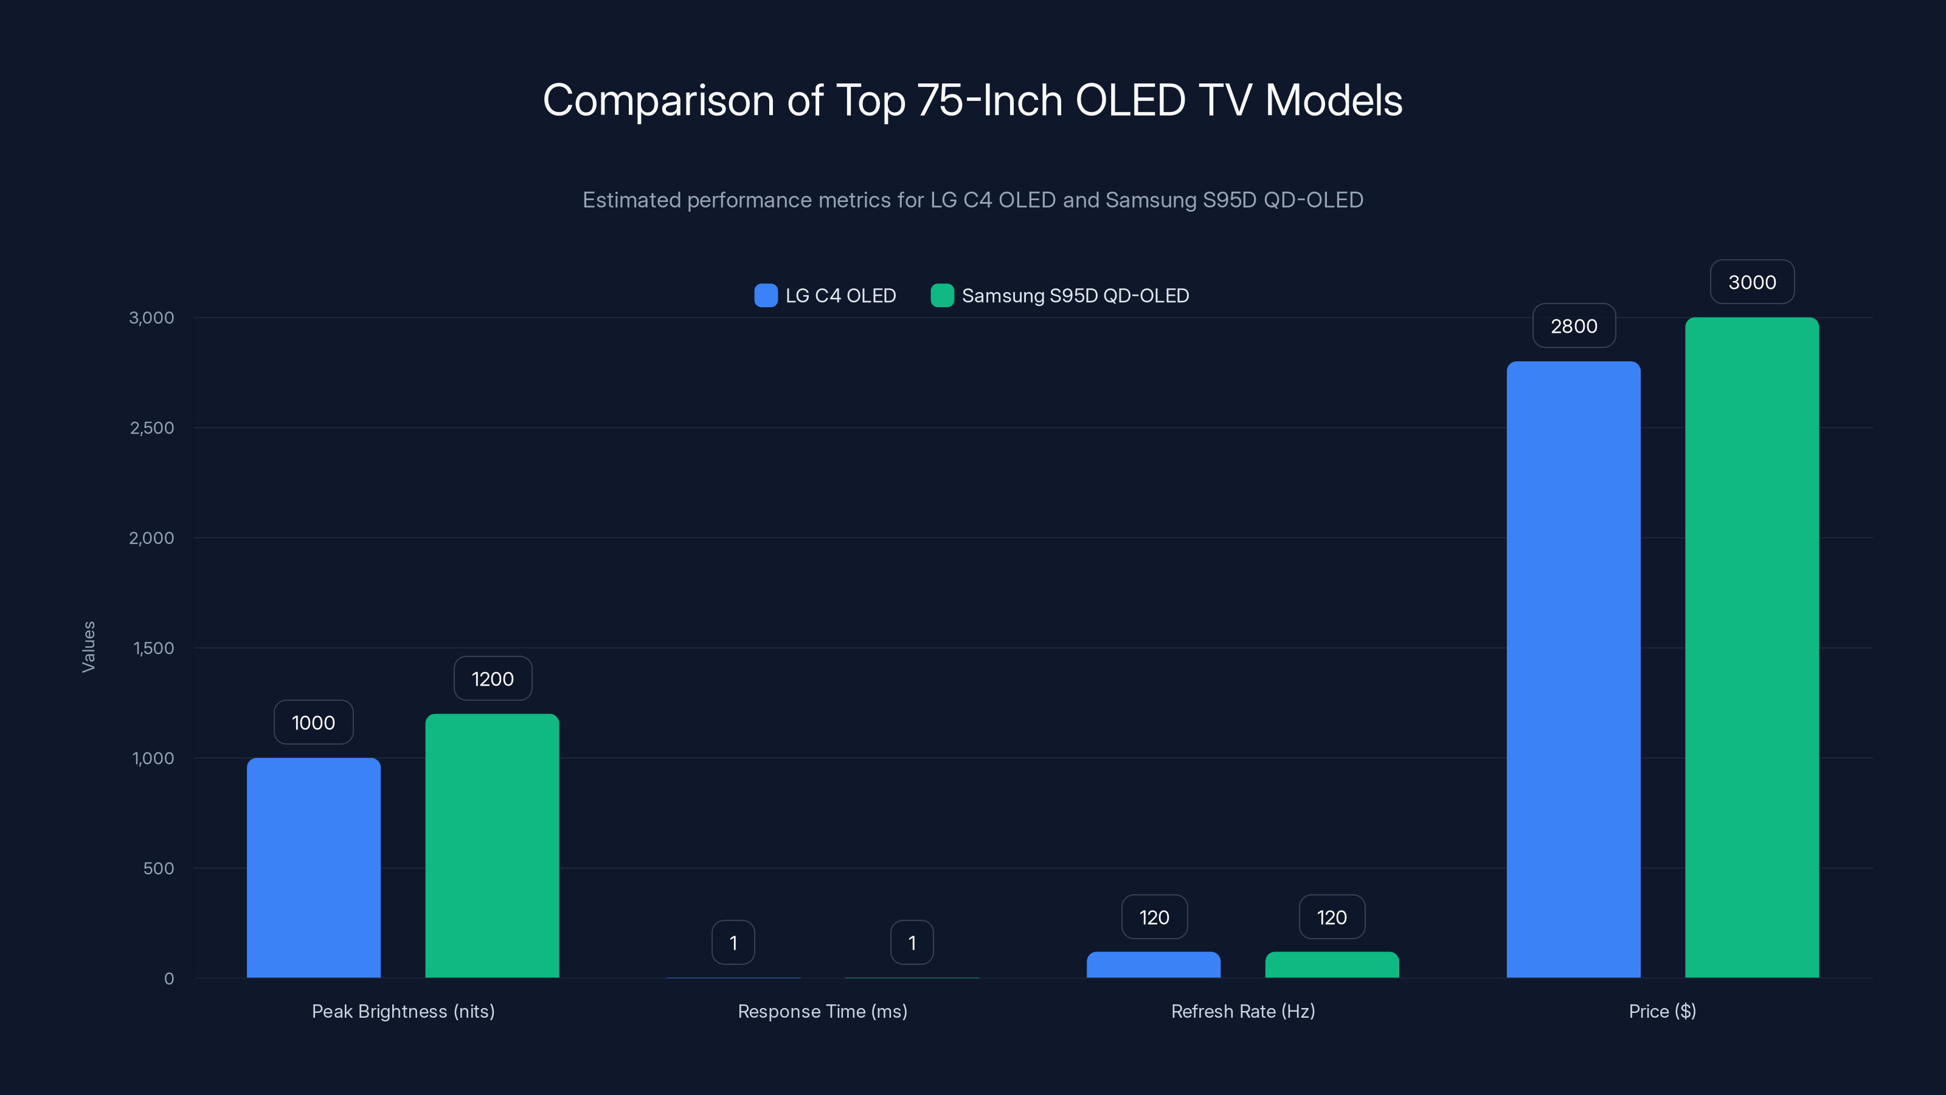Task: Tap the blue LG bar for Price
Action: [1574, 670]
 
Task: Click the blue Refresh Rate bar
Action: [1154, 965]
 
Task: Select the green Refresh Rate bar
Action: [1332, 965]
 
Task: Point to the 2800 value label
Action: [1574, 325]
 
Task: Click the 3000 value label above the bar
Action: [1752, 282]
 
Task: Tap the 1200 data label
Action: [493, 679]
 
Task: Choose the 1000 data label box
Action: [314, 723]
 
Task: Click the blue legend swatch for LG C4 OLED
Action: [765, 296]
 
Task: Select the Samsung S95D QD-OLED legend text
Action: [1075, 296]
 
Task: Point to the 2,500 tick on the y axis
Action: [152, 428]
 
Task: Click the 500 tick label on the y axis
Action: [159, 868]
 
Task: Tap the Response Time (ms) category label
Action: [822, 1011]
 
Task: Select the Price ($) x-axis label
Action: [1662, 1011]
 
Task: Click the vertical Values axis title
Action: [88, 647]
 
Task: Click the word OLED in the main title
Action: [1130, 100]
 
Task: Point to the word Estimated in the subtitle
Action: [632, 200]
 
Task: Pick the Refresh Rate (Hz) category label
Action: [1242, 1011]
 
